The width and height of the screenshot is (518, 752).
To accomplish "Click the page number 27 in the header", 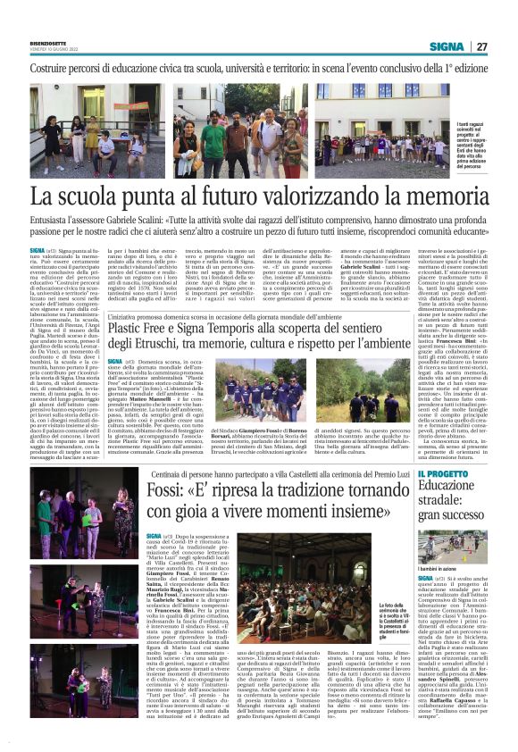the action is (x=480, y=46).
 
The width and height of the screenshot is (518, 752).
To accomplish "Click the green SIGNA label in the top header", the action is (x=446, y=46).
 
